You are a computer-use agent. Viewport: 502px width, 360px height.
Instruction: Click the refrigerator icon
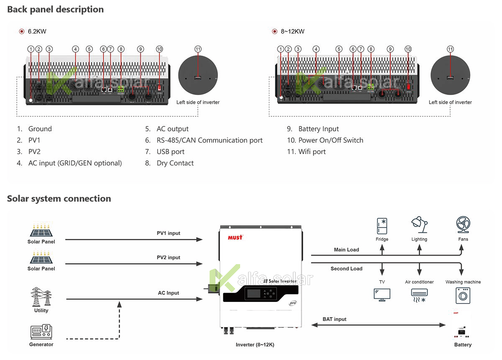[x=382, y=226]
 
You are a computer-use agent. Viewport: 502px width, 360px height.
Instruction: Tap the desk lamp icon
[x=419, y=225]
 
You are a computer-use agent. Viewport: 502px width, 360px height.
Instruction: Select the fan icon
[x=462, y=225]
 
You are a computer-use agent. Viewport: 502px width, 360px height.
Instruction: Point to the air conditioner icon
[x=419, y=295]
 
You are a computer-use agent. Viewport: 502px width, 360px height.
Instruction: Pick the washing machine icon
[x=462, y=295]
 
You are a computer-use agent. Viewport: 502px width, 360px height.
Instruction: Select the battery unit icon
[x=461, y=325]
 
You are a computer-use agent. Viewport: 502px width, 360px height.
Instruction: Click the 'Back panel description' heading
[x=55, y=9]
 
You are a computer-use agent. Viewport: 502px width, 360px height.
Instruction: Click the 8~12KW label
[x=292, y=31]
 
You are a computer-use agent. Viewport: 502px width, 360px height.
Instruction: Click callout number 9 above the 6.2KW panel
[x=141, y=49]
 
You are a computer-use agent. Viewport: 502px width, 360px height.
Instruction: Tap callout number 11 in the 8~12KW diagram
[x=451, y=49]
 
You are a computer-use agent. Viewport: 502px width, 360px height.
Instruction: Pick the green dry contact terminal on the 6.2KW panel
[x=120, y=89]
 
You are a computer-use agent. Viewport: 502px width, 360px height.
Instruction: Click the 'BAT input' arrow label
[x=335, y=319]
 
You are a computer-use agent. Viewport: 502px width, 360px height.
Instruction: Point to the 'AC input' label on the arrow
[x=169, y=292]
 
